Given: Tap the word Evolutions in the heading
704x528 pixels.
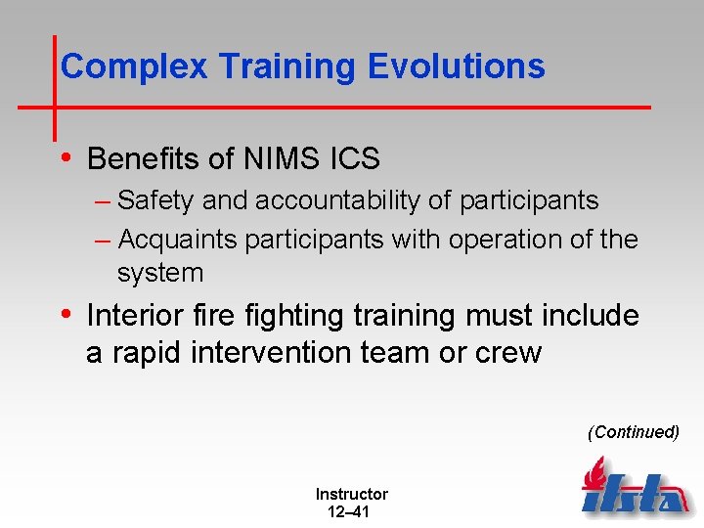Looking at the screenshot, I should pyautogui.click(x=457, y=66).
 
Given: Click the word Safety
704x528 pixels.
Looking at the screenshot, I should pyautogui.click(x=156, y=200).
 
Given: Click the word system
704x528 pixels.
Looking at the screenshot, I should pyautogui.click(x=159, y=272).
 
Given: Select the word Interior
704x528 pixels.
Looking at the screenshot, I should pyautogui.click(x=136, y=316).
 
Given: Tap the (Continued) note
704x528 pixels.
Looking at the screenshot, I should pyautogui.click(x=633, y=431).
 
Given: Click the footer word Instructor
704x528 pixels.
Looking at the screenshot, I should pyautogui.click(x=351, y=495).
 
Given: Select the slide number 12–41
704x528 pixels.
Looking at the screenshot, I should pyautogui.click(x=343, y=512).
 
